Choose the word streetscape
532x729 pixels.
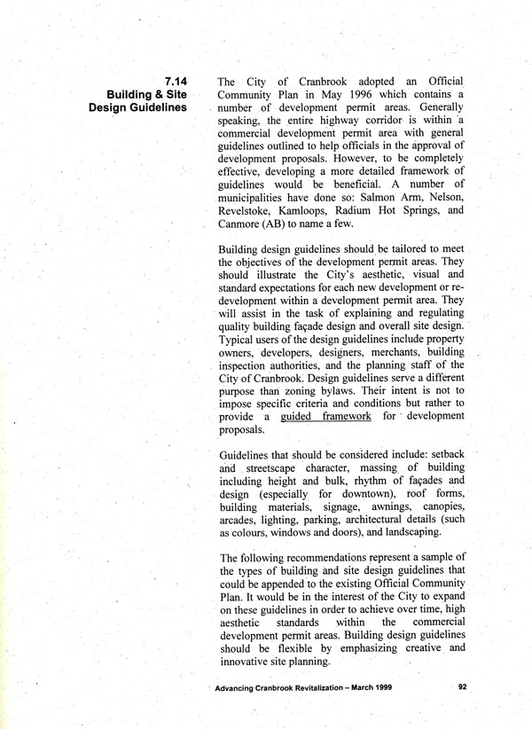tap(280, 469)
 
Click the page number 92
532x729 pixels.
tap(463, 686)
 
